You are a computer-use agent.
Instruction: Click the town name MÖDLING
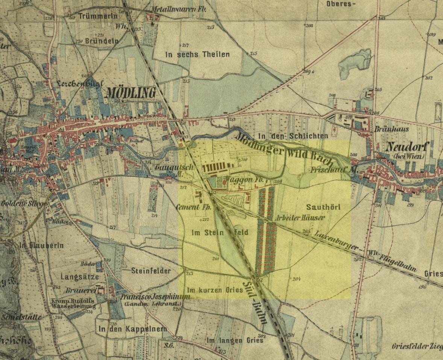(130, 92)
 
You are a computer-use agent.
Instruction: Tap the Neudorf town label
(405, 147)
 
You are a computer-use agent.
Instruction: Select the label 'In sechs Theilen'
(197, 54)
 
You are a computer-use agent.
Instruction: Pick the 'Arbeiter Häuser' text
(300, 218)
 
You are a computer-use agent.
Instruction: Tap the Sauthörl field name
(323, 207)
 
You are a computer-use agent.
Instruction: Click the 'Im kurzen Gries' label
(215, 290)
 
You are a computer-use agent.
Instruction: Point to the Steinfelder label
(151, 271)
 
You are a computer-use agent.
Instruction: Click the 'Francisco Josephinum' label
(155, 296)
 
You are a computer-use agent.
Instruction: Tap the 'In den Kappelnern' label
(133, 329)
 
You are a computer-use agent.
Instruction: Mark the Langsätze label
(80, 277)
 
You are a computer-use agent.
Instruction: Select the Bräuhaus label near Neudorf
(391, 129)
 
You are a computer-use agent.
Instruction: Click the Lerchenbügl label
(79, 83)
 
